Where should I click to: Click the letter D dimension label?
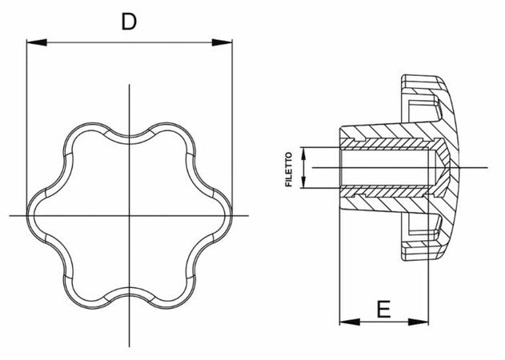tap(128, 22)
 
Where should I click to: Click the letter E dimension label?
tap(383, 308)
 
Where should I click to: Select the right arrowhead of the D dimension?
tap(226, 42)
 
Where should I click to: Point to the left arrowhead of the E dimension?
tap(345, 322)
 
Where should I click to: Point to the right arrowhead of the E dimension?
tap(425, 322)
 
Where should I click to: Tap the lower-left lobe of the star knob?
tap(83, 293)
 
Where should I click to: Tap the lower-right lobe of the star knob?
tap(173, 293)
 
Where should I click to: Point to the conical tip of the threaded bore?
tap(448, 167)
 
